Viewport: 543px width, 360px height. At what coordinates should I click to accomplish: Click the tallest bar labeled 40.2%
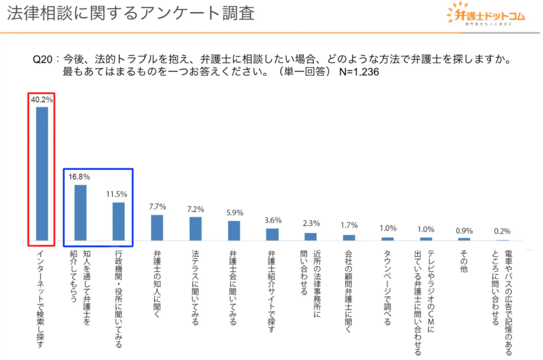41,174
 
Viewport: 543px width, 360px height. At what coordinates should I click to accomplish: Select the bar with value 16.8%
80,213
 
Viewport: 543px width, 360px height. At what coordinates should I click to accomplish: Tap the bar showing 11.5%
118,222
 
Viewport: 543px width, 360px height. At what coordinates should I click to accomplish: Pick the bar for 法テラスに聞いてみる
196,229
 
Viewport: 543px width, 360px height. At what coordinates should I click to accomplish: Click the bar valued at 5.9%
234,231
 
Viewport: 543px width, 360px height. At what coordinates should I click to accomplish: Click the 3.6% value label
273,220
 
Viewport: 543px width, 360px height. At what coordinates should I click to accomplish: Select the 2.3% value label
311,224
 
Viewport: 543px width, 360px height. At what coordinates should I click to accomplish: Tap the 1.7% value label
349,225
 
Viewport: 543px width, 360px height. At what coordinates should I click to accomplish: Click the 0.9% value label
465,231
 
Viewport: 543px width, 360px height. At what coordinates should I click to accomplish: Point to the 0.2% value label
502,232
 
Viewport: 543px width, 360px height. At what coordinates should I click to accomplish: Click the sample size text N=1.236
359,73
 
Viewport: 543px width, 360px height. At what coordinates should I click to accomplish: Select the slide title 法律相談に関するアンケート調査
130,13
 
